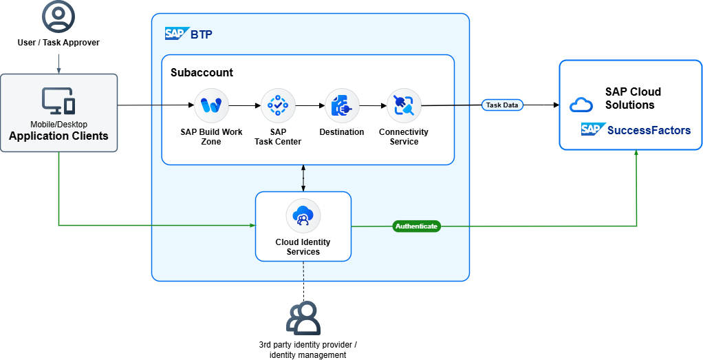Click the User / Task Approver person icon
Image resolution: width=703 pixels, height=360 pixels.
pyautogui.click(x=58, y=17)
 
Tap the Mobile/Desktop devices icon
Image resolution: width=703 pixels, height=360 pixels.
pyautogui.click(x=58, y=100)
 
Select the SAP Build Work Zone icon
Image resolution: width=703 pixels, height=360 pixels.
pyautogui.click(x=211, y=105)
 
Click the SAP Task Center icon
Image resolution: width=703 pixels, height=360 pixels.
pyautogui.click(x=277, y=105)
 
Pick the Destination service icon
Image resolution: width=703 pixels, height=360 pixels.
pyautogui.click(x=342, y=105)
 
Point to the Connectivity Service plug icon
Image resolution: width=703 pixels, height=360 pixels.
pyautogui.click(x=404, y=105)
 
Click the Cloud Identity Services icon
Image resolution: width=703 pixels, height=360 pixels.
pyautogui.click(x=303, y=216)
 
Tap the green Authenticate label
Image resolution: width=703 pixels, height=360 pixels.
pyautogui.click(x=417, y=226)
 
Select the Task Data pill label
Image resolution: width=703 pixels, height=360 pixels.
pyautogui.click(x=502, y=105)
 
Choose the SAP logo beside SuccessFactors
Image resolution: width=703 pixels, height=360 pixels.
pyautogui.click(x=594, y=129)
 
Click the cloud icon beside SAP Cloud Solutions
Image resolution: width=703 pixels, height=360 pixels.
pyautogui.click(x=581, y=105)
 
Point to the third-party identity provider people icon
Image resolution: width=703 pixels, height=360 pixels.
pyautogui.click(x=303, y=318)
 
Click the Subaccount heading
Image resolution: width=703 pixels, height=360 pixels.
pyautogui.click(x=202, y=73)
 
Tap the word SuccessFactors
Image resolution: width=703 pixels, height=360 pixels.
pyautogui.click(x=649, y=130)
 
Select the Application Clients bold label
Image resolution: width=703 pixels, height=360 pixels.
pyautogui.click(x=58, y=136)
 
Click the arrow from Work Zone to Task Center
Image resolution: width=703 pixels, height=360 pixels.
pyautogui.click(x=245, y=105)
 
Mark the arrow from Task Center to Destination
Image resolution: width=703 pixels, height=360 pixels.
pyautogui.click(x=310, y=105)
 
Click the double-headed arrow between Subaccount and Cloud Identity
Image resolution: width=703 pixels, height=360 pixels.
pyautogui.click(x=303, y=178)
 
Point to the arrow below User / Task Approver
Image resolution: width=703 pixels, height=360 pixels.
pyautogui.click(x=58, y=62)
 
